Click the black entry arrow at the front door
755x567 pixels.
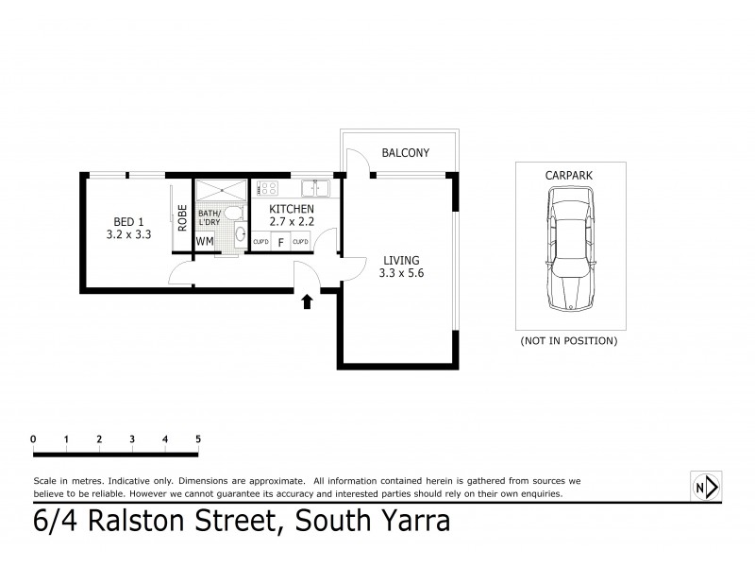tap(306, 302)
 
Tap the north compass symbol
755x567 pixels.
tap(705, 488)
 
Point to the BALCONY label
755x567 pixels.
tap(406, 153)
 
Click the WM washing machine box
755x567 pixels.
tap(205, 242)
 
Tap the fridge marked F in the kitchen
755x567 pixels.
tap(280, 242)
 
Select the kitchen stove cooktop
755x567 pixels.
tap(267, 188)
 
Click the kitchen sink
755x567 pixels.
tap(316, 188)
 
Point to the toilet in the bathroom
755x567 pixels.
tap(232, 215)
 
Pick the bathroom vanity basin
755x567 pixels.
tap(241, 234)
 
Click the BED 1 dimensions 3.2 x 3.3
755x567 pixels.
tap(129, 235)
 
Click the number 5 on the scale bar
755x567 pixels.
tap(198, 438)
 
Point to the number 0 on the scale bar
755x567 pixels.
tap(33, 438)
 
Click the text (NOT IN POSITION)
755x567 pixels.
tap(569, 340)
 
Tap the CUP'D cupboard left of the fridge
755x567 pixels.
tap(261, 242)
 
